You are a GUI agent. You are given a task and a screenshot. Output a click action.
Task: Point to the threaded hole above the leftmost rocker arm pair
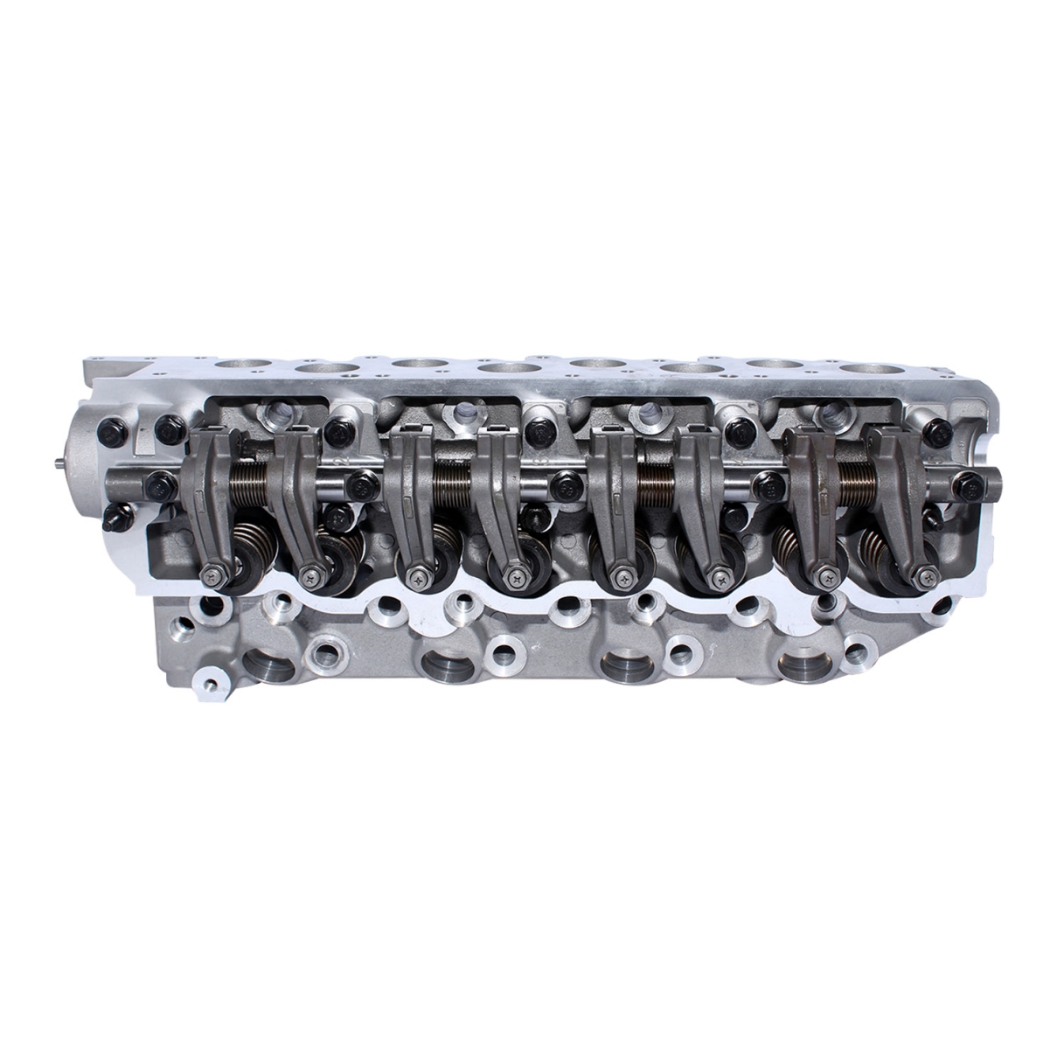click(280, 411)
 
